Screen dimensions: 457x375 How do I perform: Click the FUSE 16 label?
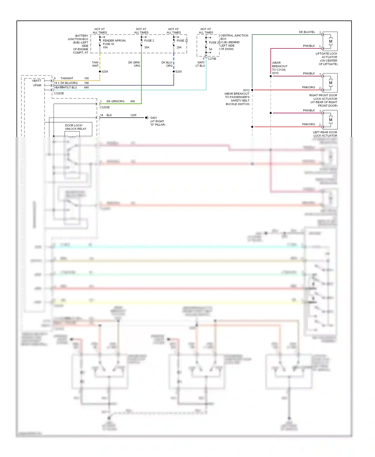point(108,44)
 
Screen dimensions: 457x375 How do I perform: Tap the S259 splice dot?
point(100,71)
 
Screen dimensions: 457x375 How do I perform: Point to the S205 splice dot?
point(174,71)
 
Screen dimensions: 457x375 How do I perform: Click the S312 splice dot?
point(252,90)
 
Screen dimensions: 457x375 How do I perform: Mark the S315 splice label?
point(275,73)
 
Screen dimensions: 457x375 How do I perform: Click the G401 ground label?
point(153,118)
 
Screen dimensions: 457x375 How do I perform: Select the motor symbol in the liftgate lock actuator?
point(330,41)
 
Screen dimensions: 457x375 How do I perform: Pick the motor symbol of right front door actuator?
point(330,83)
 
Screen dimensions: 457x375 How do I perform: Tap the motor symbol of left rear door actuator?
point(330,120)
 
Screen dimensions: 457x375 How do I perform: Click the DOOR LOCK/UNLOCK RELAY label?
point(75,127)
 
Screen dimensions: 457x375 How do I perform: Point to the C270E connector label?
point(212,59)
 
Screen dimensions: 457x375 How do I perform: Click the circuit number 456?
point(132,101)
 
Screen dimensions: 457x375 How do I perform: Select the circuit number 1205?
point(133,115)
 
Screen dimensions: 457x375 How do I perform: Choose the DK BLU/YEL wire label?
point(307,32)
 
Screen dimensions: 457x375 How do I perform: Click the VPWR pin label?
point(37,85)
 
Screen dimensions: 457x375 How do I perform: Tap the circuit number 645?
point(86,87)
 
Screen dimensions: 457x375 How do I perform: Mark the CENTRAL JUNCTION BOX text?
point(234,37)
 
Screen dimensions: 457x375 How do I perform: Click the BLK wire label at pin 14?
point(109,115)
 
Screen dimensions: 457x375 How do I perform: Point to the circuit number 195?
point(86,78)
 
